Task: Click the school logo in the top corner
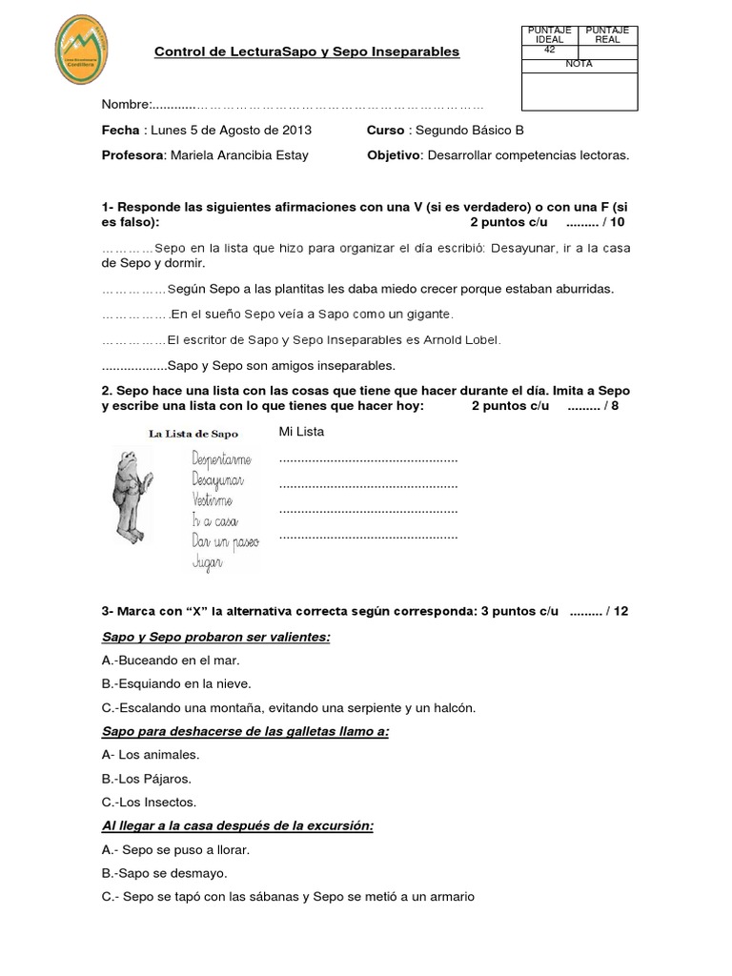coord(83,49)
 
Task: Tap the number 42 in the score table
coord(549,51)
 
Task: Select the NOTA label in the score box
coord(579,63)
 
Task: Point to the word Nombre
coord(125,104)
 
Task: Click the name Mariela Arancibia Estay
coord(238,155)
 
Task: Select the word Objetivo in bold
coord(394,155)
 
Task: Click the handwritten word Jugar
coord(207,563)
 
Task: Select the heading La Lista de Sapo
coord(193,434)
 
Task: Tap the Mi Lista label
coord(301,432)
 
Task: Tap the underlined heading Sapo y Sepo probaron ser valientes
coord(215,637)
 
